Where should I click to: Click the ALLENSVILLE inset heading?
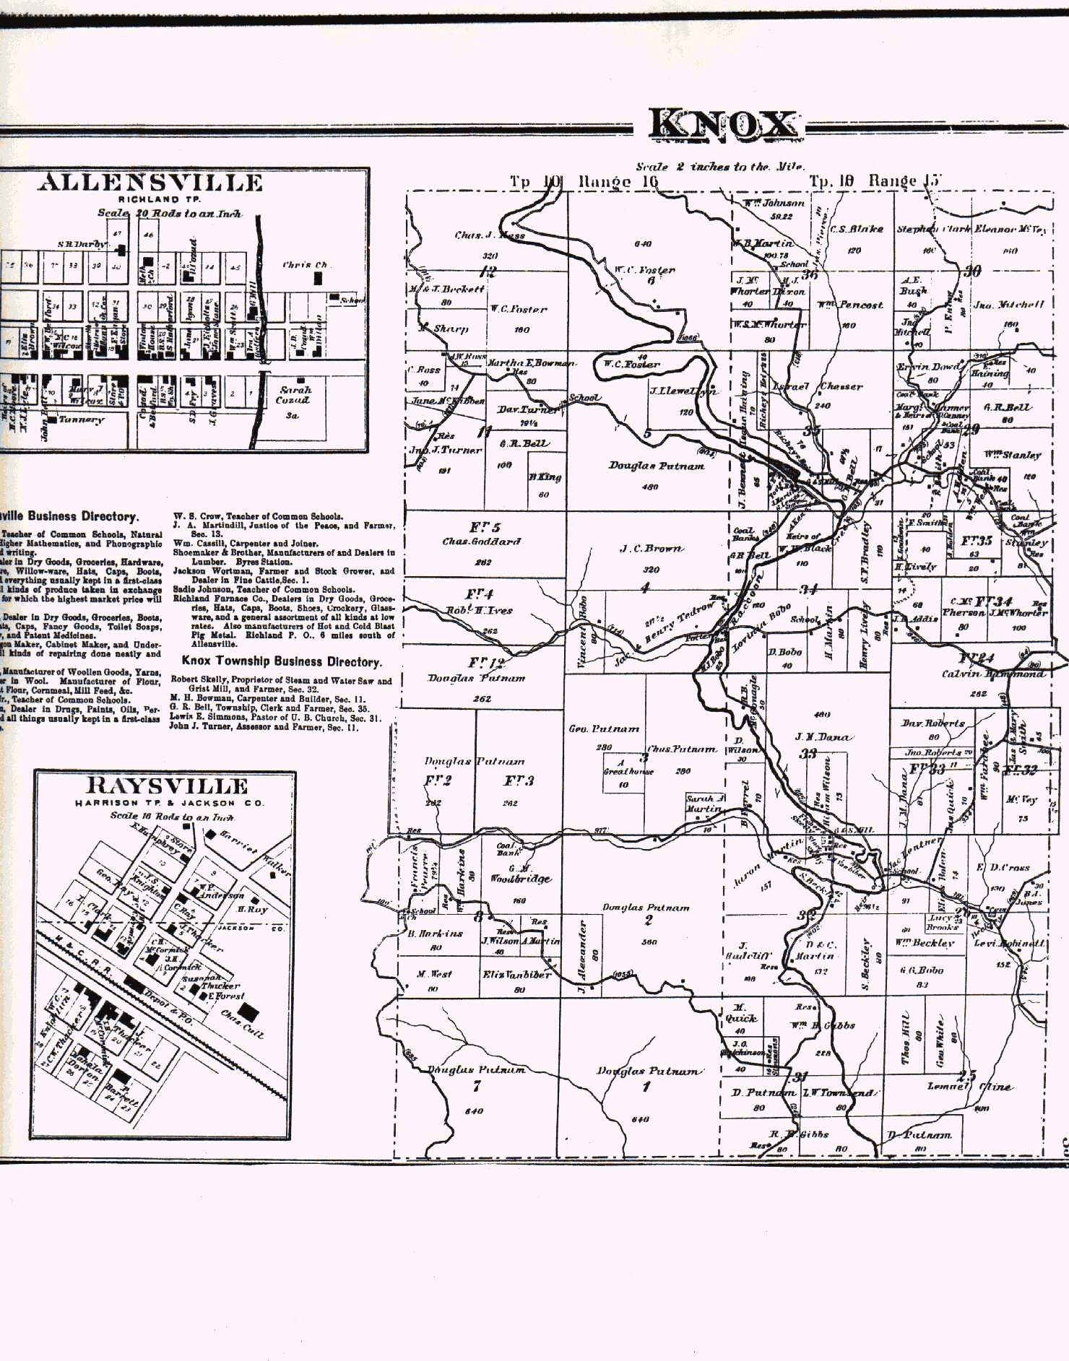pos(150,183)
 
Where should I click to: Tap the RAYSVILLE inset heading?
pos(168,786)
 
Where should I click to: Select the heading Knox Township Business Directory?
pos(281,661)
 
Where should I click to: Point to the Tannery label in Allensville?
pos(82,419)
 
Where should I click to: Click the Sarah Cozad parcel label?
pos(295,394)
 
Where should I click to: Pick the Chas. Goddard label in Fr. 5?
pos(482,542)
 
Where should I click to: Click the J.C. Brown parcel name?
pos(651,549)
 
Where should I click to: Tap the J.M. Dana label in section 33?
pos(823,737)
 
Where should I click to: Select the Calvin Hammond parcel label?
pos(992,674)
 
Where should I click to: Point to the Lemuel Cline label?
pos(969,1087)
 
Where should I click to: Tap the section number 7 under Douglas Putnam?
pos(476,1087)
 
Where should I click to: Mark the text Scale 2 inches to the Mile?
pos(720,167)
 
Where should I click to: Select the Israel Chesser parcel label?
pos(819,386)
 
